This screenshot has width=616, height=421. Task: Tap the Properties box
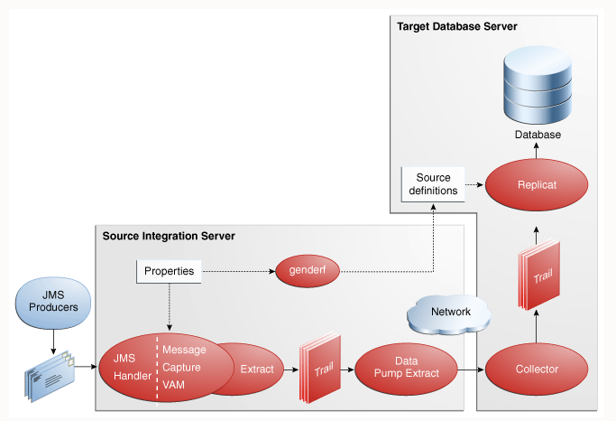pyautogui.click(x=169, y=271)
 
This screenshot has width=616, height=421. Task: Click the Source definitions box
pyautogui.click(x=432, y=183)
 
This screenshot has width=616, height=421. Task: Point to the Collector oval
pyautogui.click(x=537, y=369)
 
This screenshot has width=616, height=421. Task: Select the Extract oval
pyautogui.click(x=256, y=369)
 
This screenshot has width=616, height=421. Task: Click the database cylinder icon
pyautogui.click(x=538, y=85)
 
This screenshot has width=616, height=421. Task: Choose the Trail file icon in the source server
pyautogui.click(x=322, y=370)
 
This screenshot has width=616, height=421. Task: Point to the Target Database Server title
pyautogui.click(x=457, y=27)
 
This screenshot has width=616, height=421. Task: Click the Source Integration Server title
pyautogui.click(x=169, y=236)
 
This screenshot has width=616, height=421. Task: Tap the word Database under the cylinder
pyautogui.click(x=538, y=135)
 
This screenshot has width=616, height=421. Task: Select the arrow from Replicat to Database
pyautogui.click(x=538, y=154)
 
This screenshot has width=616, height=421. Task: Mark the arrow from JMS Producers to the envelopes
pyautogui.click(x=52, y=341)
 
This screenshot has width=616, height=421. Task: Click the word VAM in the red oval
pyautogui.click(x=174, y=384)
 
